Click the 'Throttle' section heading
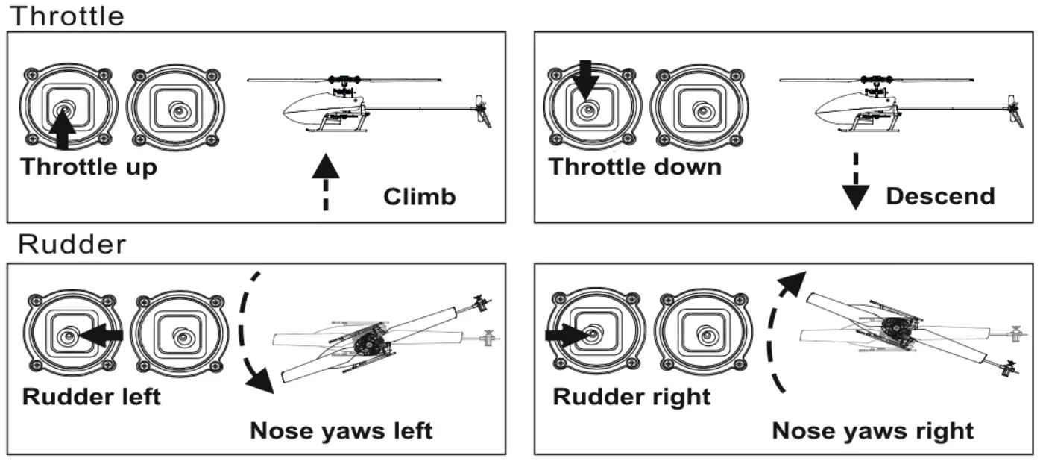pos(67,16)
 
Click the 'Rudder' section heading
pos(72,244)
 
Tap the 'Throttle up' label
pos(89,167)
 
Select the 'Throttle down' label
pos(634,166)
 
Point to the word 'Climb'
pos(419,197)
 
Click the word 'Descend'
pos(940,195)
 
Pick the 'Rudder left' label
pos(91,397)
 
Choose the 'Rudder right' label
pos(631,397)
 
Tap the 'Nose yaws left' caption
pos(341,431)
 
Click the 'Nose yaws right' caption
pos(872,431)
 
